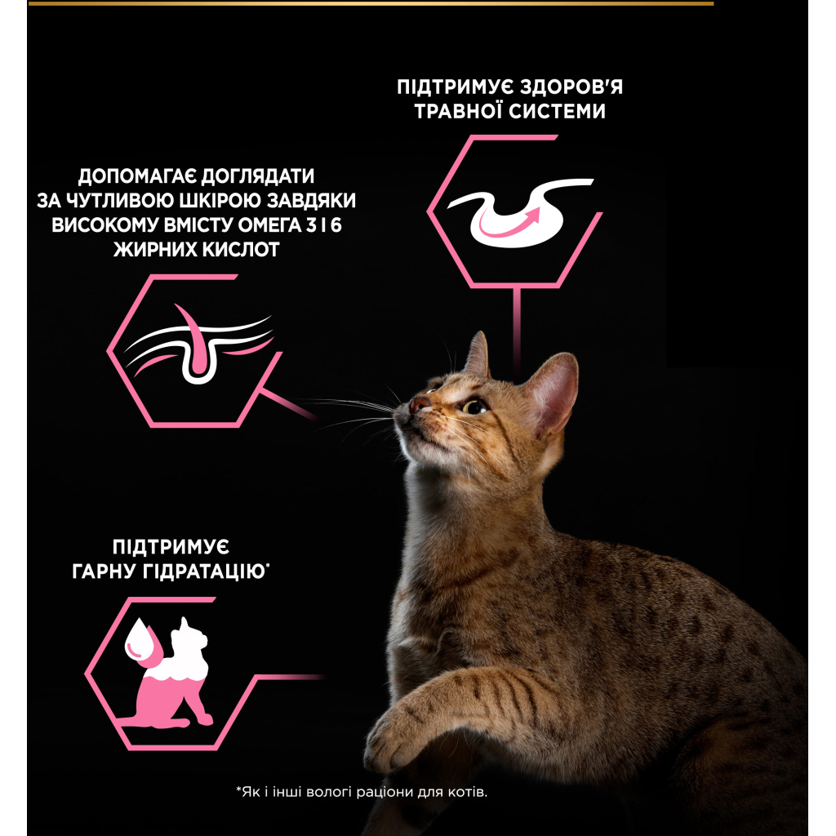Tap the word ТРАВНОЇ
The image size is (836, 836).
click(460, 111)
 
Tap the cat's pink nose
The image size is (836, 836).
click(420, 404)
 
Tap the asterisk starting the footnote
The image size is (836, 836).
click(238, 790)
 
